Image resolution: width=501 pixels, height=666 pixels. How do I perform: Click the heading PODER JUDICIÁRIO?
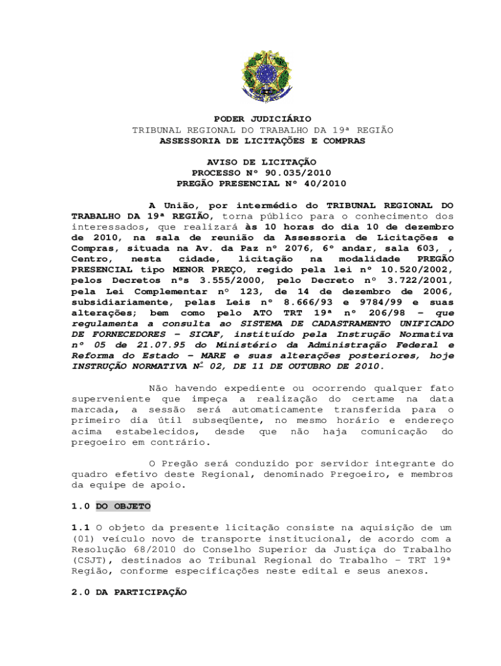pos(263,119)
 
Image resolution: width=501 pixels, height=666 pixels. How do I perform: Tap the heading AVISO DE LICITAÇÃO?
pos(262,161)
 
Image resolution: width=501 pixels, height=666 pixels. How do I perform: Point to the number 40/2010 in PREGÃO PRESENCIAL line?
pos(324,183)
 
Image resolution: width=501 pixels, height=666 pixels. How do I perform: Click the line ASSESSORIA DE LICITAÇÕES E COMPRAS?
pos(263,140)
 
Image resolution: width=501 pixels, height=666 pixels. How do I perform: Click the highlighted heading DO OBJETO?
pos(123,506)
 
